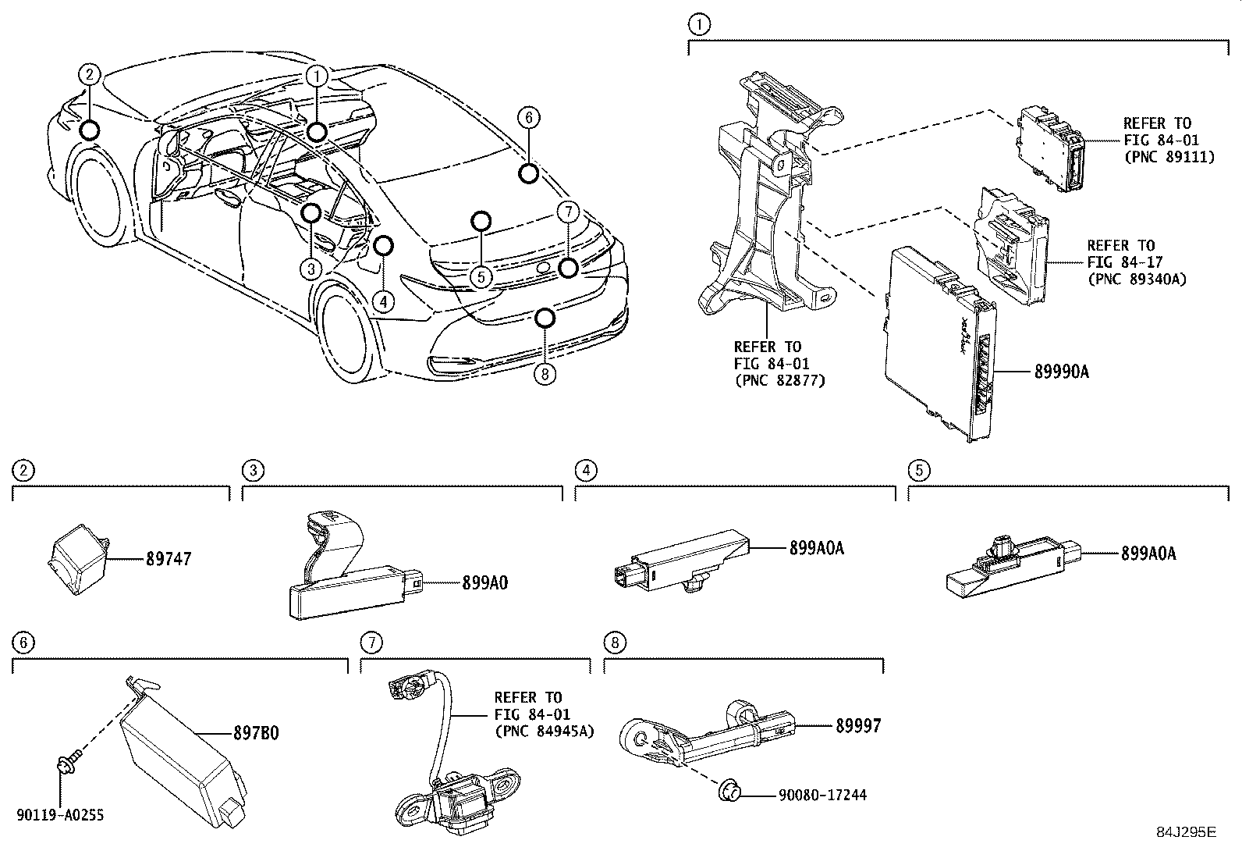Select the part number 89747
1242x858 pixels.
click(x=168, y=559)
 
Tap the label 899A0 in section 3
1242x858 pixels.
click(x=484, y=582)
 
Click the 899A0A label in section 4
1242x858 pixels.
click(x=816, y=548)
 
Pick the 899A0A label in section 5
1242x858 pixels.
click(x=1148, y=554)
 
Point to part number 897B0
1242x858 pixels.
click(x=256, y=733)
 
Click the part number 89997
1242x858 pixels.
click(x=858, y=725)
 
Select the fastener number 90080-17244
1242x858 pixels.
click(x=821, y=795)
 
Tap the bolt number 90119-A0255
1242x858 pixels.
click(x=59, y=815)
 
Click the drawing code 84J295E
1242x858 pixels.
click(x=1185, y=831)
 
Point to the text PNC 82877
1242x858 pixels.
click(x=779, y=380)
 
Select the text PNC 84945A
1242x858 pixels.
click(x=544, y=732)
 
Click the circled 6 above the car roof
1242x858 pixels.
click(x=528, y=117)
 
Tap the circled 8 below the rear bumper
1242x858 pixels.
click(x=545, y=375)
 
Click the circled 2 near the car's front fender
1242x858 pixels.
click(x=90, y=74)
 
